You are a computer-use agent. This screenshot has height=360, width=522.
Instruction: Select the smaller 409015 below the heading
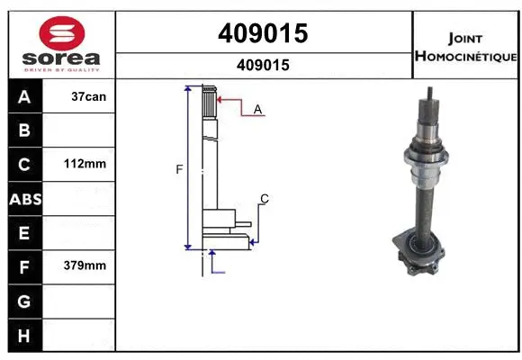point(264,65)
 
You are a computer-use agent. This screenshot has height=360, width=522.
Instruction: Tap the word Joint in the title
point(466,38)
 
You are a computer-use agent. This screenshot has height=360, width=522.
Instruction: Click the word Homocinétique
point(466,57)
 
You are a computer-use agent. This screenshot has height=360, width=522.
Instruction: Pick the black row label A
point(24,96)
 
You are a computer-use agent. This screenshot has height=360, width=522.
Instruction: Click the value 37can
point(87,96)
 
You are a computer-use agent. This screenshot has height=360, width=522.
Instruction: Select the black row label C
point(24,165)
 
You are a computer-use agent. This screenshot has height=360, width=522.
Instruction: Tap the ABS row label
point(24,199)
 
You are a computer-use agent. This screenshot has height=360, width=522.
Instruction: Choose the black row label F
point(24,266)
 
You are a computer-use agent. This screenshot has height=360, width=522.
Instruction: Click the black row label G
point(24,301)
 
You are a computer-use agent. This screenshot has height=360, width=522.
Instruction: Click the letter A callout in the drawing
point(257,109)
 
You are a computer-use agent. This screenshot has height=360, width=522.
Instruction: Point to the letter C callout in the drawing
point(265,198)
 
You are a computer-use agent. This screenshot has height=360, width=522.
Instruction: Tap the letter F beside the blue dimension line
point(178,168)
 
